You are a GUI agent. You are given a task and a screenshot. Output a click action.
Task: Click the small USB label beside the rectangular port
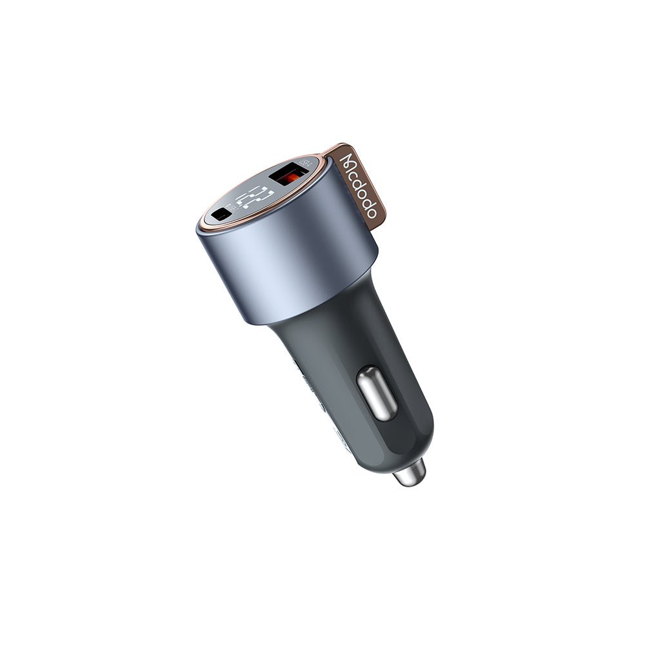[306, 163]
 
